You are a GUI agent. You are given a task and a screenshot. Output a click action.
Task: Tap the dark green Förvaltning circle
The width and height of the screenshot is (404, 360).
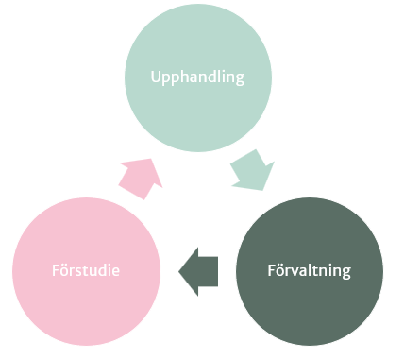[x=309, y=272]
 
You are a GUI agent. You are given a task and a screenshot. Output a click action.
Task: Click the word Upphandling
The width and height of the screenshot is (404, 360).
[x=198, y=77]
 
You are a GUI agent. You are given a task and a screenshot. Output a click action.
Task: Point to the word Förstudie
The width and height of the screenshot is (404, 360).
[x=86, y=272]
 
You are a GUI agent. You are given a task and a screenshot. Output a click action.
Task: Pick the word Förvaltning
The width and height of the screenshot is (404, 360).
[x=308, y=271]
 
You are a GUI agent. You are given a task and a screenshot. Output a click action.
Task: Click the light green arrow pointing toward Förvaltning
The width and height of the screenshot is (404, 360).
[x=253, y=169]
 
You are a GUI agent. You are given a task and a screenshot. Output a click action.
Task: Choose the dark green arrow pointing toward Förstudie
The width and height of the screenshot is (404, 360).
[x=200, y=271]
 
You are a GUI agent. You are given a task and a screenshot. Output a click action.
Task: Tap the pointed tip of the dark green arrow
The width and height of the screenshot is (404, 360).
[x=180, y=272]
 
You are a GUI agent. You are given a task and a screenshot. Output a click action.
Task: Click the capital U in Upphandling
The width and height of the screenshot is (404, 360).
[x=157, y=77]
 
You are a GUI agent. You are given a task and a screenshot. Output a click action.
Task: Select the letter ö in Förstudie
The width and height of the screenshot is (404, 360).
[x=63, y=272]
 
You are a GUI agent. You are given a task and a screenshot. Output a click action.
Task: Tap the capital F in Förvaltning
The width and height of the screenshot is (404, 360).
[x=269, y=271]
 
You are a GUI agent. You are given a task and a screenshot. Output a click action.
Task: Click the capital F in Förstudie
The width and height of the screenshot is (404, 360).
[x=55, y=272]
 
